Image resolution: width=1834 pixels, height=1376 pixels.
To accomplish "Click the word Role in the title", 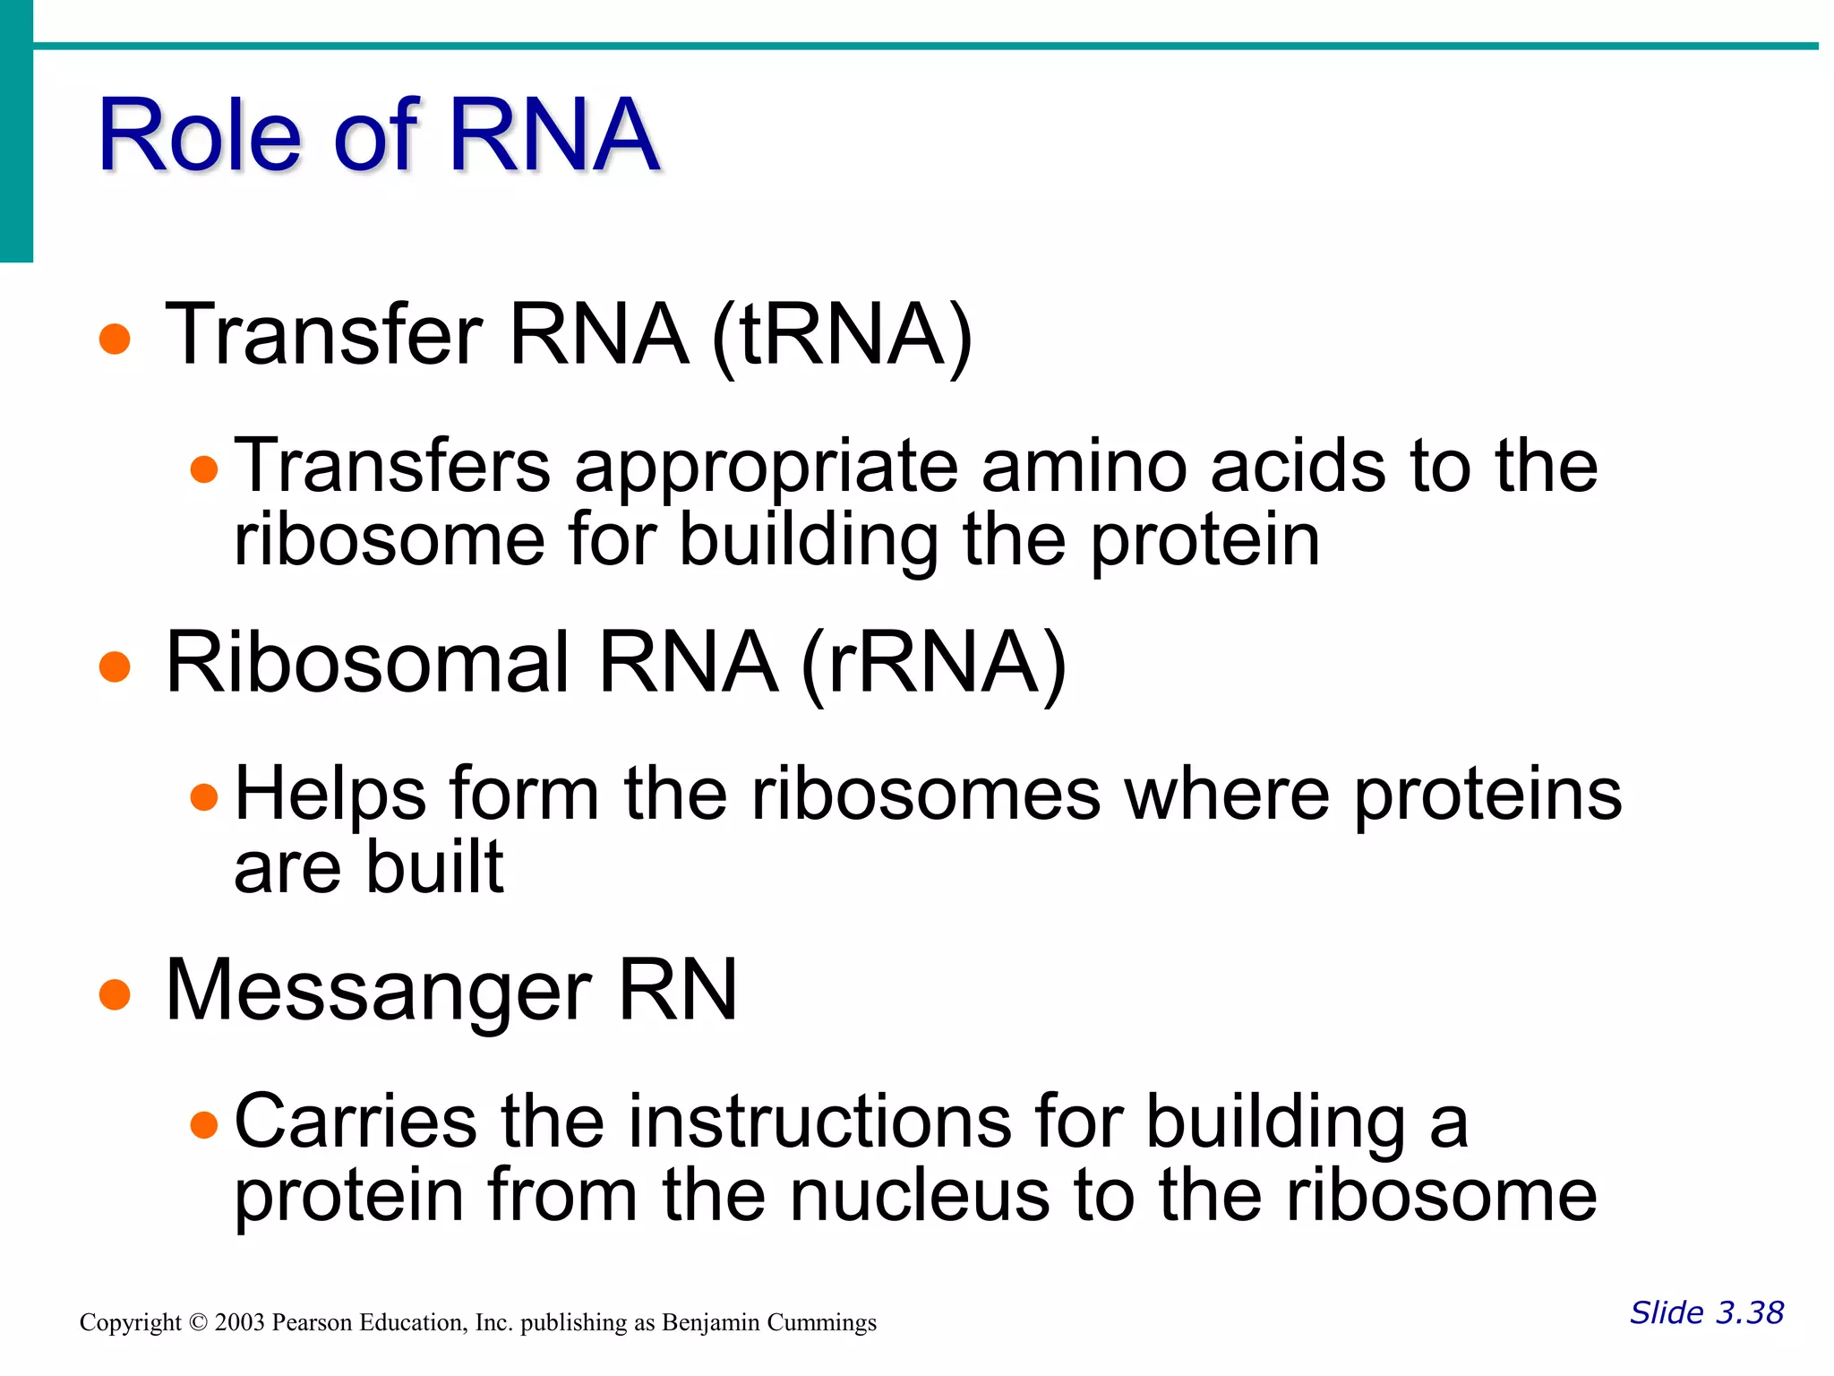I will (x=199, y=136).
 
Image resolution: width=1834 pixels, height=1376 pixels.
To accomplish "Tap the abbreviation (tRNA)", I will (x=842, y=335).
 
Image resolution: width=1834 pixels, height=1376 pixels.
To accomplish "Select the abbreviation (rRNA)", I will (x=933, y=664).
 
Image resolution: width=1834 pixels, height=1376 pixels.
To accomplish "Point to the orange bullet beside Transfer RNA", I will (x=115, y=340).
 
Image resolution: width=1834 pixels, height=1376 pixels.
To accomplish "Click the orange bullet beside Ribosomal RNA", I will (x=115, y=667).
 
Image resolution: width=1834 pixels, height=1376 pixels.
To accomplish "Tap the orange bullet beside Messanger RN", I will (x=115, y=994).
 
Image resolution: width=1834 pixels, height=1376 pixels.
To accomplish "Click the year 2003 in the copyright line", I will (x=240, y=1322).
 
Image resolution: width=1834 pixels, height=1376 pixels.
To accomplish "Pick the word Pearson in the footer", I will (x=313, y=1322).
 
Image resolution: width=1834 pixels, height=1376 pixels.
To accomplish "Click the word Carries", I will (x=356, y=1122).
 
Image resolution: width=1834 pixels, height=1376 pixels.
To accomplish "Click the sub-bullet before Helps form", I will (x=205, y=796).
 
